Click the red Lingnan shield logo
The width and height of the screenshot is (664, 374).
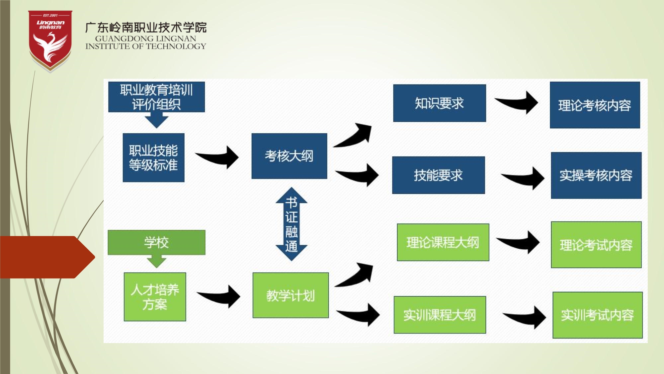[x=50, y=41]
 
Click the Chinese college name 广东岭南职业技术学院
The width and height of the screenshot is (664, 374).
[x=146, y=27]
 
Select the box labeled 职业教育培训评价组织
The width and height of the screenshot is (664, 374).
[x=156, y=97]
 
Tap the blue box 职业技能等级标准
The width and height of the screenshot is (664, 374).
[x=153, y=158]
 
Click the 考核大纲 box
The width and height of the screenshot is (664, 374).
[x=289, y=156]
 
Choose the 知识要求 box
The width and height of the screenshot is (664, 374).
[x=439, y=103]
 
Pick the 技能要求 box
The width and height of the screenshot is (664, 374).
[x=438, y=175]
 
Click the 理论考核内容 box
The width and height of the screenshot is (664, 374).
[x=595, y=105]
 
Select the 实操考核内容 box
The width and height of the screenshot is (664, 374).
[x=596, y=175]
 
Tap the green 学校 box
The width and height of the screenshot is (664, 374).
[x=156, y=242]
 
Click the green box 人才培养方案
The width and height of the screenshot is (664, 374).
[x=155, y=297]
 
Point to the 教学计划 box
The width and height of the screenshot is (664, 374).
[x=290, y=295]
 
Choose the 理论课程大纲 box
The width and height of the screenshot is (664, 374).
[x=443, y=242]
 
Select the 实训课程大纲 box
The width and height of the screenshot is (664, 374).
[x=440, y=315]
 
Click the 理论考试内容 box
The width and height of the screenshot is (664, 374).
[x=596, y=245]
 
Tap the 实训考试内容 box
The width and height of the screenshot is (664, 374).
[x=597, y=315]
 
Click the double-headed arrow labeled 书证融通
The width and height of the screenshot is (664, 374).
[x=291, y=224]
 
